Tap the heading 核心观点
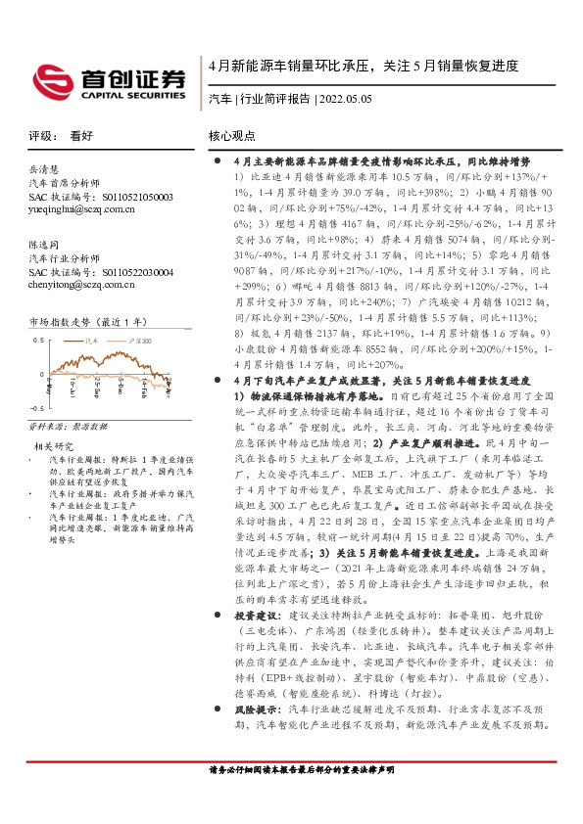click(231, 138)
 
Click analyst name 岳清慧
click(44, 168)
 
